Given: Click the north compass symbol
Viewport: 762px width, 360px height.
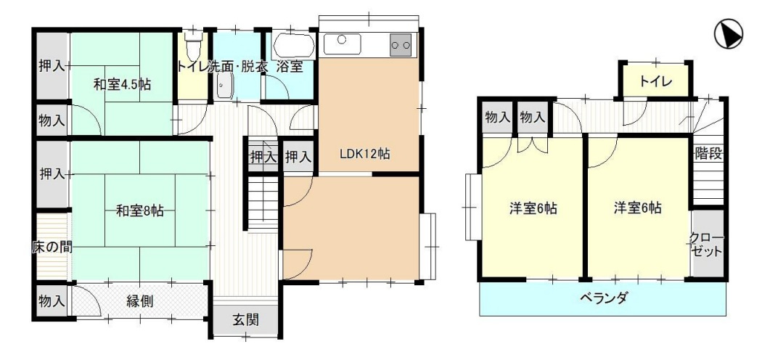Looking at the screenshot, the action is point(729,34).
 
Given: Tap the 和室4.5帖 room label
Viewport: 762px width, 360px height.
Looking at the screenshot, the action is point(122,84).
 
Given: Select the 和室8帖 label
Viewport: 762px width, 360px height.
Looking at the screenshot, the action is point(139,210).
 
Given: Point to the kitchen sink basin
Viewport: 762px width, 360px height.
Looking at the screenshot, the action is point(342,44).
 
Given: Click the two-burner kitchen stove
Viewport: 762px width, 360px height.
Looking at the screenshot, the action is point(401,45).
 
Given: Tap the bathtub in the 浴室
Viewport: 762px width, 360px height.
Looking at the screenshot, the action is point(293,46).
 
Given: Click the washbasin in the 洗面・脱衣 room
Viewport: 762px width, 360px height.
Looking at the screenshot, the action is point(224,87).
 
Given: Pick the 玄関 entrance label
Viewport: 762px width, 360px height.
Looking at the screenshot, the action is point(245,319).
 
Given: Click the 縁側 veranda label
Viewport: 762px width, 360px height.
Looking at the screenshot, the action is point(140,301).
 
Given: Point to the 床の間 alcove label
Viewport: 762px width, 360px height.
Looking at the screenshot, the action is point(52,247).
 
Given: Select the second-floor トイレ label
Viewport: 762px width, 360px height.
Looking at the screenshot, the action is point(655,81).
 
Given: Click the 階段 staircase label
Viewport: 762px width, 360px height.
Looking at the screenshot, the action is point(709,155).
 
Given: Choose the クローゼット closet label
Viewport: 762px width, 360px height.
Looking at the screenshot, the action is point(707,245).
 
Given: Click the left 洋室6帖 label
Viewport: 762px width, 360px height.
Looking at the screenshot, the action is point(533,209).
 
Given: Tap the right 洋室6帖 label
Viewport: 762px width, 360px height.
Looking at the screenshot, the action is point(637,208).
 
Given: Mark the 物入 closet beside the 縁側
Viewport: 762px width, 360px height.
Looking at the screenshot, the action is point(52,300).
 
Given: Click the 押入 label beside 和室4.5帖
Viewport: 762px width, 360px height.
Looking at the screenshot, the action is point(52,65).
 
